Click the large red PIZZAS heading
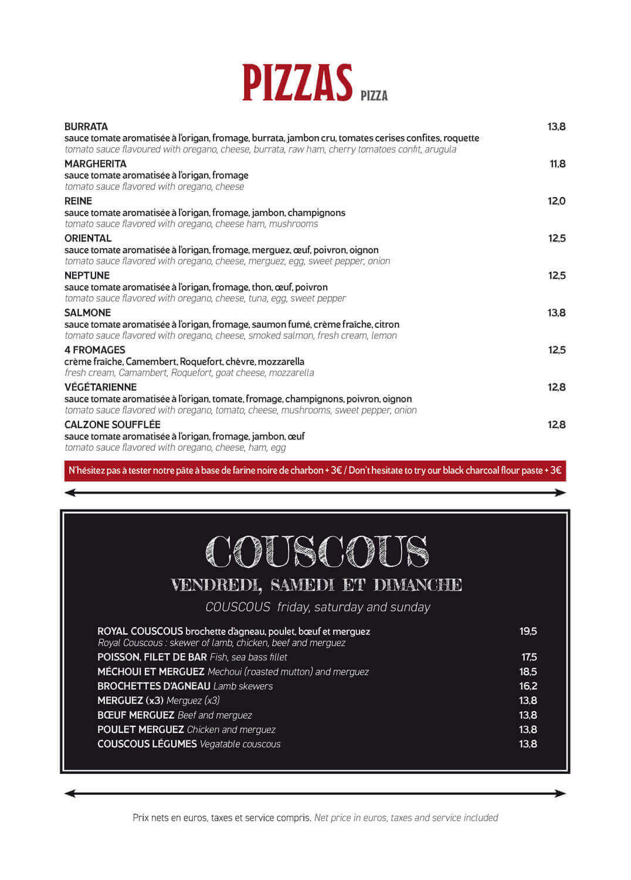[297, 83]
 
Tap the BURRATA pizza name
[86, 127]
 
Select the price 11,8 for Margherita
[557, 164]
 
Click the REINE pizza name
[78, 201]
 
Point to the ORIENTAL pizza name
[88, 239]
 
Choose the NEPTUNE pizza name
[87, 276]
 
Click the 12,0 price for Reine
[557, 201]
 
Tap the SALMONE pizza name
[87, 313]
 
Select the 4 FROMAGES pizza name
[94, 350]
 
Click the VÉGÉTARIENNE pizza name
[100, 388]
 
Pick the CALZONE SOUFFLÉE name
[112, 424]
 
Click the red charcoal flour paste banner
[315, 471]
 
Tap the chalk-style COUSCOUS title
[317, 552]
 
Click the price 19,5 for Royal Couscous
[528, 631]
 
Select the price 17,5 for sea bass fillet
[529, 657]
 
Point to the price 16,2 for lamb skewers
[528, 686]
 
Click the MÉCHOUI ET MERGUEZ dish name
[151, 672]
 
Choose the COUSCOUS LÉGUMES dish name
[147, 744]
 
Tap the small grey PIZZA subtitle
[374, 96]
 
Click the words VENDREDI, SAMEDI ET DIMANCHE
[317, 585]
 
